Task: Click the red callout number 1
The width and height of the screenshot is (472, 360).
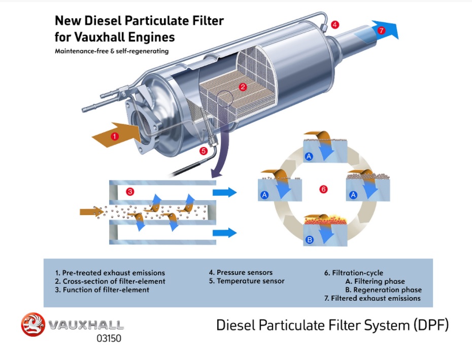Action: (x=115, y=136)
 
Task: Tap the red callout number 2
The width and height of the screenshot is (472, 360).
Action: (x=243, y=87)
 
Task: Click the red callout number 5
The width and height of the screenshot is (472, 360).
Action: (x=204, y=151)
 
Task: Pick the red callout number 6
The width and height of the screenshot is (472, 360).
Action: (x=323, y=189)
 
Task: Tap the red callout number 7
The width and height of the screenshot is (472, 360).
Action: (x=382, y=30)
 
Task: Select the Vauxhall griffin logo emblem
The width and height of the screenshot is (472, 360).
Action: (x=33, y=325)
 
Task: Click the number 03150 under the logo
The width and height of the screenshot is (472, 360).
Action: (x=109, y=338)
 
